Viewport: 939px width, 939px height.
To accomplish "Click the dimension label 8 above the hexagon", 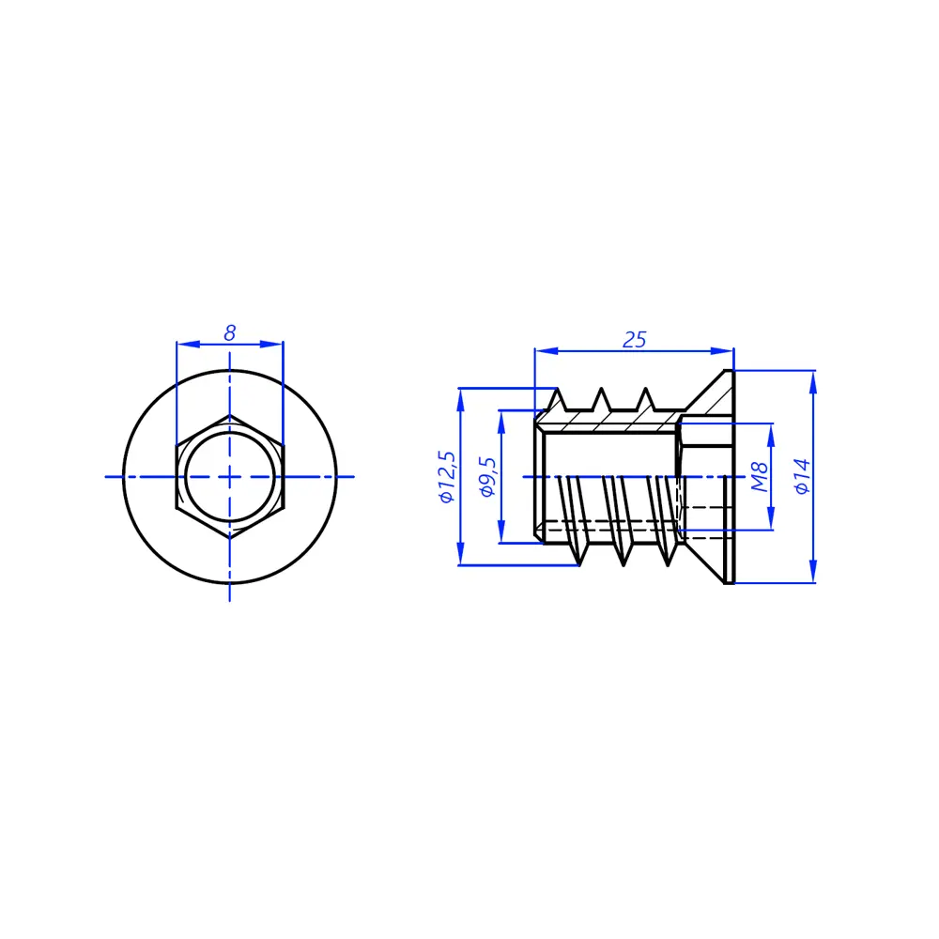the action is click(229, 333).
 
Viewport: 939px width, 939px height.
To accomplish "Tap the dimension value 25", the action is click(634, 340).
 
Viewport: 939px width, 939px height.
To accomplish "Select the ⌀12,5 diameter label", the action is click(447, 477).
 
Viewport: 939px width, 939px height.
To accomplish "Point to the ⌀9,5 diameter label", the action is click(487, 477).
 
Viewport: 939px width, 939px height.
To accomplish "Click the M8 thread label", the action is click(760, 477).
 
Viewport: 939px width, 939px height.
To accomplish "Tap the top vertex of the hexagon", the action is click(230, 415).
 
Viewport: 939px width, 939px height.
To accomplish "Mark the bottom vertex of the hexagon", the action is click(230, 538).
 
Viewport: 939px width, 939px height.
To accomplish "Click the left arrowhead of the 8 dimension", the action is click(188, 344).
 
